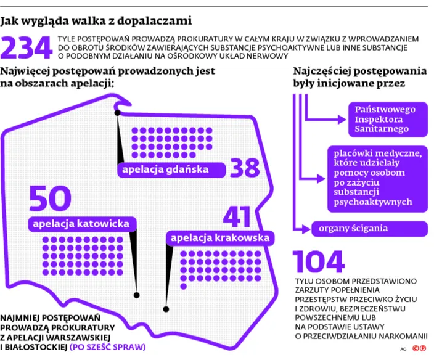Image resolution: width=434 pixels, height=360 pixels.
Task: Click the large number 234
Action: point(27,47)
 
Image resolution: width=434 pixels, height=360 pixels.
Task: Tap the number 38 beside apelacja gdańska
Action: point(245,168)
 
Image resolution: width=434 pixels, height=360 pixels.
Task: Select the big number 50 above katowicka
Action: point(50,198)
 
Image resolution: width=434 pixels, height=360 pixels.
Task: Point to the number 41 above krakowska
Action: point(237,217)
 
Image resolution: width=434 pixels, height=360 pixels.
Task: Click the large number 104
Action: point(319,262)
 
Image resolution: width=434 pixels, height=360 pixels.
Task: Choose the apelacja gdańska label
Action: point(171,170)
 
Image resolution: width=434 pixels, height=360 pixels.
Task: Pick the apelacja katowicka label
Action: point(82,224)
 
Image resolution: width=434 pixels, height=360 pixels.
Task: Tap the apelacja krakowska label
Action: point(220,238)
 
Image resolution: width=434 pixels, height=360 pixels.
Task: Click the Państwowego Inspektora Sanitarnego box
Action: point(388,120)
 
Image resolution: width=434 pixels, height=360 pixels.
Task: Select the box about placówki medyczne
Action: point(377,179)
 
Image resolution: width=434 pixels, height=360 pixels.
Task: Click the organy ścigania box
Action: point(369,229)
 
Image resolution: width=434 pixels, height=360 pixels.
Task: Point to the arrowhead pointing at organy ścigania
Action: point(306,229)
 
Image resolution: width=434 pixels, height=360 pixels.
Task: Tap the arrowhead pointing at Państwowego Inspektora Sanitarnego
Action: point(342,120)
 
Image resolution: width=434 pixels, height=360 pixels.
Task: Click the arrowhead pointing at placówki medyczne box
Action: point(321,179)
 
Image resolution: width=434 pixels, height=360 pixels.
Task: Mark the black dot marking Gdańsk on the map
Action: point(117,113)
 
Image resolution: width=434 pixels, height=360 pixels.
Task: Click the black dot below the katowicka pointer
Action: point(136,295)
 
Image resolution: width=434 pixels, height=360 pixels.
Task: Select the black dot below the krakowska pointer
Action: point(166,309)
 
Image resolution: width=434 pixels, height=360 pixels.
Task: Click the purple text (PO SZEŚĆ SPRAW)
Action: point(108,347)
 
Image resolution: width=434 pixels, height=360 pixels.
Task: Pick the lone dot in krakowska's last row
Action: point(183,287)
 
